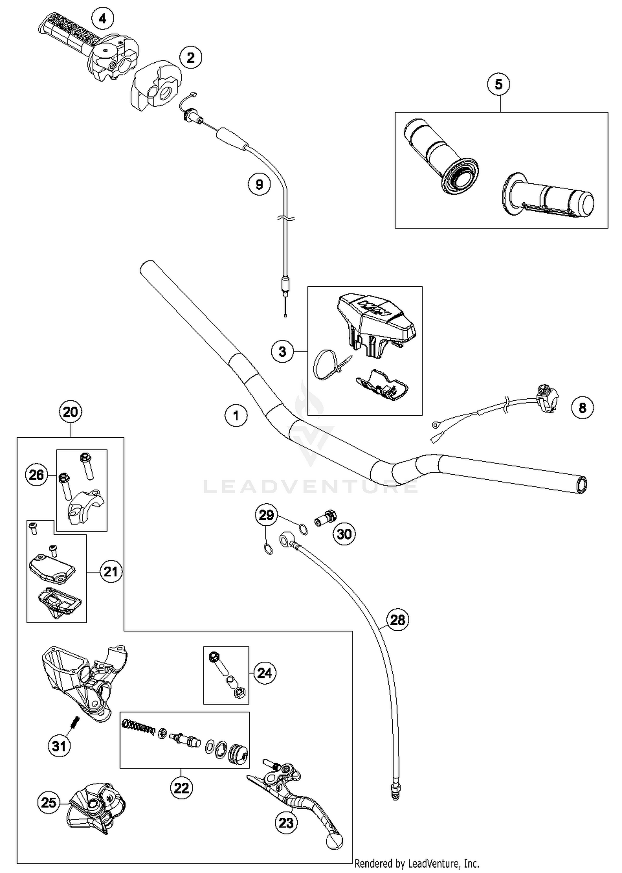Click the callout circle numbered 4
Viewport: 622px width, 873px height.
102,19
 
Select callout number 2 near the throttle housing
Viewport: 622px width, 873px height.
190,58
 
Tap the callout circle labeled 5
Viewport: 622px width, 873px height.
498,84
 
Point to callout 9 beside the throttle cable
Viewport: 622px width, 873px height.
259,184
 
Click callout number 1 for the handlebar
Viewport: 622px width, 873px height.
236,415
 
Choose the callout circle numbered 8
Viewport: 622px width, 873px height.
582,408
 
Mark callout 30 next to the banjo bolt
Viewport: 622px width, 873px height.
344,534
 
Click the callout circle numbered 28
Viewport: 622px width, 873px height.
397,620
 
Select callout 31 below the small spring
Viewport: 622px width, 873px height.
59,746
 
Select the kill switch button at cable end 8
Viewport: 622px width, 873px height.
547,398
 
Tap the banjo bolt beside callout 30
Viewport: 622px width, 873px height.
326,518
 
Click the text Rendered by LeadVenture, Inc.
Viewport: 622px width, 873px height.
417,863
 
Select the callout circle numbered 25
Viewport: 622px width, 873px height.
49,802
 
